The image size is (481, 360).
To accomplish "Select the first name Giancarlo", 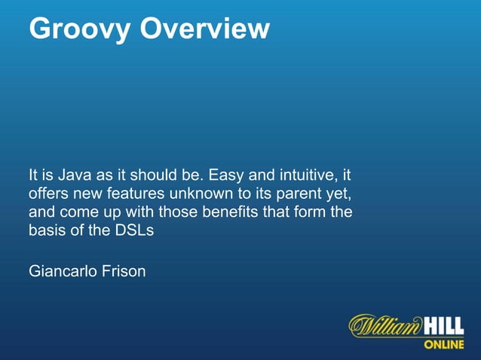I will (62, 270).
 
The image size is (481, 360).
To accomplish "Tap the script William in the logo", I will (385, 326).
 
